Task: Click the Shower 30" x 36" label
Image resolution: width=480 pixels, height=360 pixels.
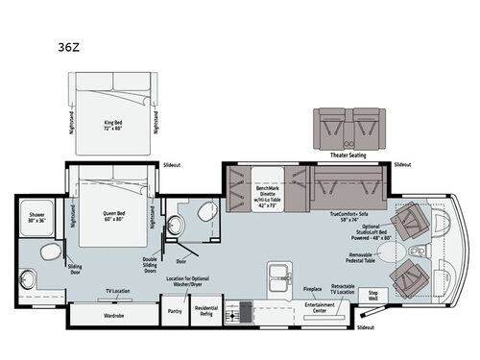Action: point(36,217)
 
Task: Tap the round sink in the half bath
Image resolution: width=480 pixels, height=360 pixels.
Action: point(177,228)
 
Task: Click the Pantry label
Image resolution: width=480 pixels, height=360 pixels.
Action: point(176,311)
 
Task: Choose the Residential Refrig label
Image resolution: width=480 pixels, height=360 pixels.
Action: point(206,312)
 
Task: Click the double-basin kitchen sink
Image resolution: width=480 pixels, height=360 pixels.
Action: point(278,273)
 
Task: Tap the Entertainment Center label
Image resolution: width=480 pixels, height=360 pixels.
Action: point(320,307)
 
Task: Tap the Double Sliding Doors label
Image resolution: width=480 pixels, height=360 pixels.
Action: point(151,265)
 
